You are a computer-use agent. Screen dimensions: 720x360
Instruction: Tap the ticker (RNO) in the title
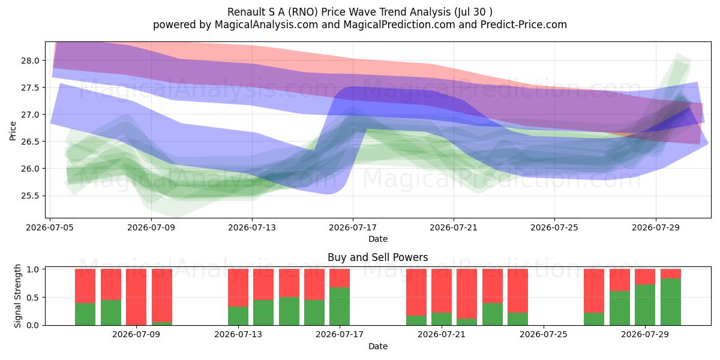(x=302, y=12)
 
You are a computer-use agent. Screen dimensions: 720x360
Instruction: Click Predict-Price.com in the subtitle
(x=524, y=25)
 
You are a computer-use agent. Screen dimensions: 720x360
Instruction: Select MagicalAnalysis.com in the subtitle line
(x=266, y=25)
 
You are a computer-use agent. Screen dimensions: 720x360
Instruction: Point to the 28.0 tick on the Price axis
(x=30, y=61)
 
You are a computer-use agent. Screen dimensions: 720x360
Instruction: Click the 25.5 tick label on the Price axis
(x=30, y=196)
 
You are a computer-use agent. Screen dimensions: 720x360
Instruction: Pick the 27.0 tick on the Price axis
(x=30, y=115)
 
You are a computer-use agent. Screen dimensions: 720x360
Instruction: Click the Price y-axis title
(x=13, y=131)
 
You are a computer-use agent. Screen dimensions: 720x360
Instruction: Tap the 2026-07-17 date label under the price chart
(x=353, y=227)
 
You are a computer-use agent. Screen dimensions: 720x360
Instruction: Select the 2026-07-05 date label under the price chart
(x=50, y=227)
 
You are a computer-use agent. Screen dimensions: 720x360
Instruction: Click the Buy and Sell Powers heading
(x=377, y=257)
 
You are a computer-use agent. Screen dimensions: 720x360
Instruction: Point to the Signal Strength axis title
(x=17, y=296)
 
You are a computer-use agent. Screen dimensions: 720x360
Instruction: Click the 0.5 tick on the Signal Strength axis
(x=33, y=298)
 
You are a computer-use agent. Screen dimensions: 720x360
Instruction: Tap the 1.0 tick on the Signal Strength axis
(x=33, y=269)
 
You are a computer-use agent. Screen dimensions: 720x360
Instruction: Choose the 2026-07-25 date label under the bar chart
(x=544, y=334)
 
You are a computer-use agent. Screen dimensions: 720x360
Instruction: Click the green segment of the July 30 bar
(x=671, y=302)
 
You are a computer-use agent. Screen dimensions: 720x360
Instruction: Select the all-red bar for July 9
(x=136, y=297)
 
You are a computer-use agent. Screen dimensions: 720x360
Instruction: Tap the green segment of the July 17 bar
(x=340, y=307)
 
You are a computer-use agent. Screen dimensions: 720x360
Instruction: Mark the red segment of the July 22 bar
(x=467, y=293)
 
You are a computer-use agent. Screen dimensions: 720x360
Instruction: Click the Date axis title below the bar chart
(x=377, y=346)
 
